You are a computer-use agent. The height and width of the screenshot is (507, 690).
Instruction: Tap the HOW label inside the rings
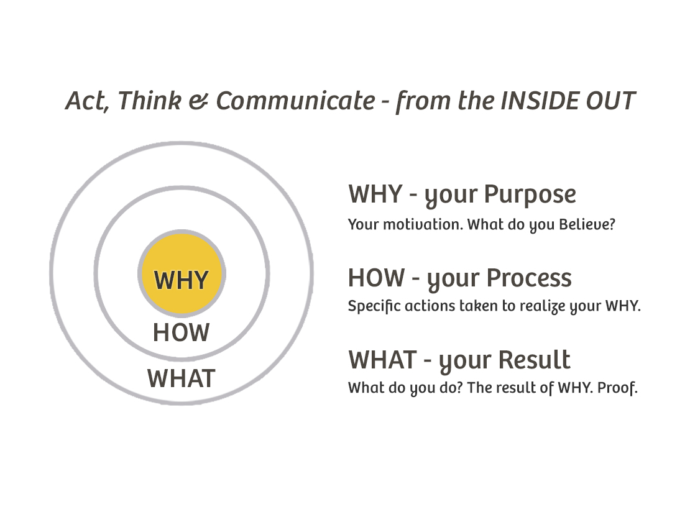[x=181, y=333]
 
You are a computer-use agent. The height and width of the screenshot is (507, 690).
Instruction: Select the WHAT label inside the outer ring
[x=181, y=378]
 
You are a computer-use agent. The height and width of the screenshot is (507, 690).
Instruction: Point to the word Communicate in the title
[x=295, y=101]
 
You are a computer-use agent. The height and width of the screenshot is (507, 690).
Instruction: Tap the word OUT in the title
[x=611, y=101]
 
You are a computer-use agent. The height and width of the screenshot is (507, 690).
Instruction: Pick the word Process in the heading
[x=528, y=278]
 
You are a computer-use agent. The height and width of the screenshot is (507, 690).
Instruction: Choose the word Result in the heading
[x=535, y=360]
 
